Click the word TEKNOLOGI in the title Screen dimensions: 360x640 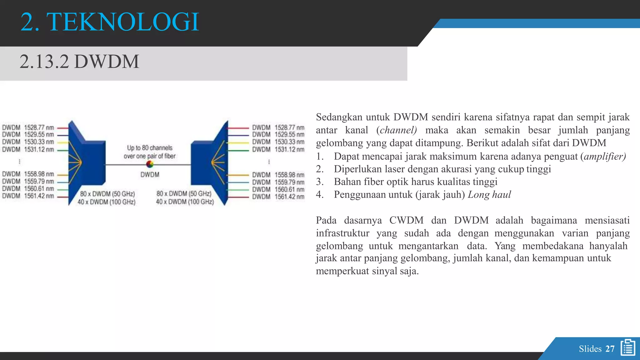pos(122,22)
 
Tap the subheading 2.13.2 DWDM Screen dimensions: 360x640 pos(79,62)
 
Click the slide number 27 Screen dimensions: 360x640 pos(610,349)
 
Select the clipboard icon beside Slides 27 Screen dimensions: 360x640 pos(628,347)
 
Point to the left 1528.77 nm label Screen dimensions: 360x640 pos(39,127)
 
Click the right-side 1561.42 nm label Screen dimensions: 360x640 pos(289,197)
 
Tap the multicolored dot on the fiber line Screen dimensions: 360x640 pos(150,164)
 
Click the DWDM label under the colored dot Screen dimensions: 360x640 pos(150,175)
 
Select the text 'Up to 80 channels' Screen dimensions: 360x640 pos(150,148)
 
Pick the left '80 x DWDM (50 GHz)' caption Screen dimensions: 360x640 pos(107,194)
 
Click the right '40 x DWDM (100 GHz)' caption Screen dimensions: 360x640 pos(185,202)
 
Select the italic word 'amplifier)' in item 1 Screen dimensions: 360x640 pos(605,156)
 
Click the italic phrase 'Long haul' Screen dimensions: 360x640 pos(489,195)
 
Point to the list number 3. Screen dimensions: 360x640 pos(319,182)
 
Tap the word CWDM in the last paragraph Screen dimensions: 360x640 pos(406,220)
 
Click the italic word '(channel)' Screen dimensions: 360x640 pos(397,130)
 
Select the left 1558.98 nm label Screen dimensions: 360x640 pos(39,174)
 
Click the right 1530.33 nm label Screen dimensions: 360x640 pos(289,142)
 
